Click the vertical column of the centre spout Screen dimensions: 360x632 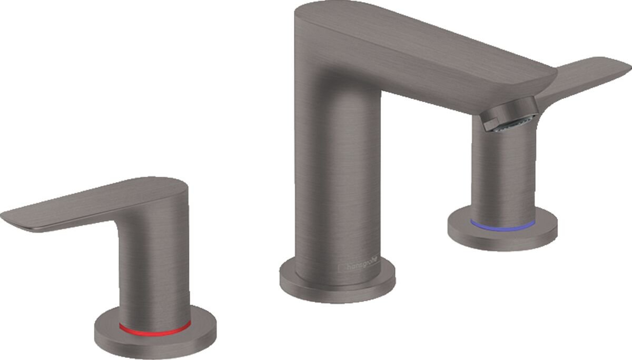(337, 174)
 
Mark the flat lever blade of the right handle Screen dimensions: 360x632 (590, 74)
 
